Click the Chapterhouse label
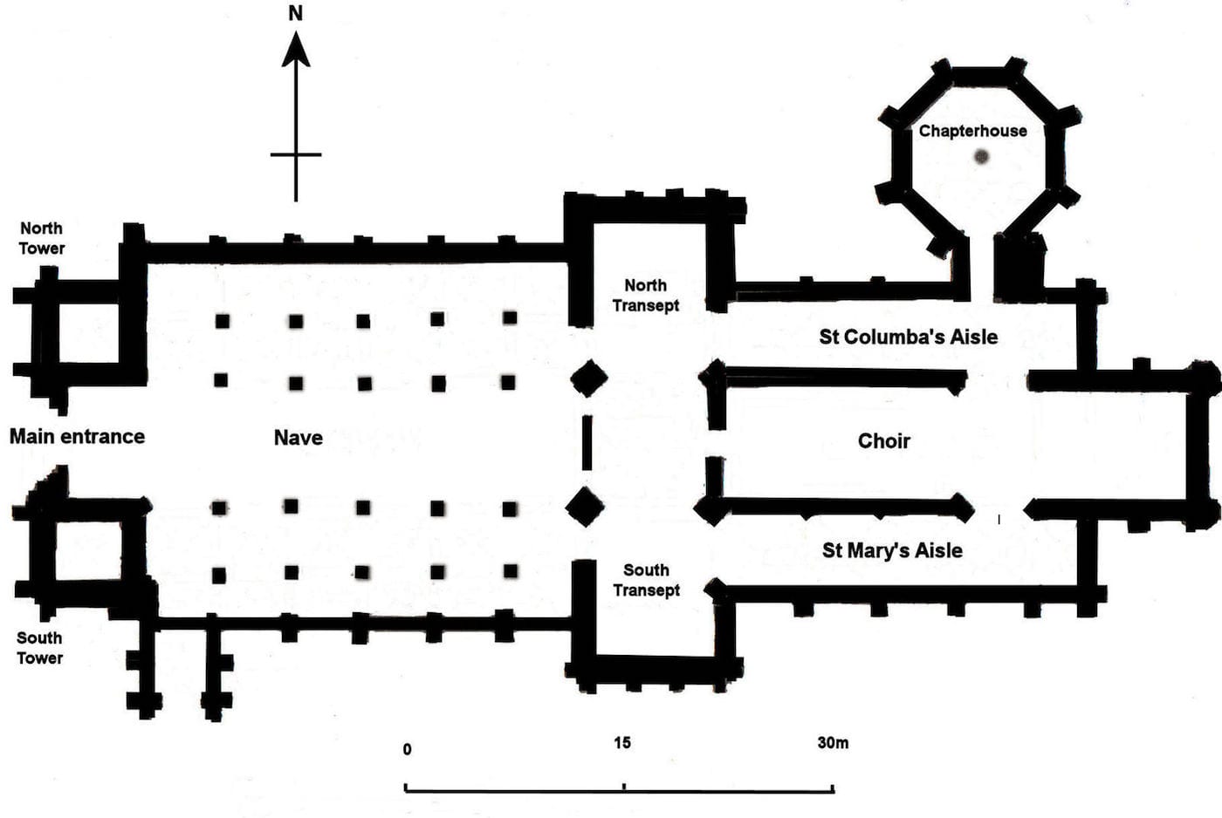click(972, 131)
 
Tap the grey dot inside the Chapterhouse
click(981, 157)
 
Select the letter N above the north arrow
click(296, 13)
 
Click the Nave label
click(299, 438)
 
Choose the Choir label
click(883, 441)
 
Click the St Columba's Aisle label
click(908, 337)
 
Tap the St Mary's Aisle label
click(892, 550)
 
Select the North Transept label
click(646, 296)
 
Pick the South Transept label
click(646, 580)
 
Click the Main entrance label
click(77, 436)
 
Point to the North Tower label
click(42, 238)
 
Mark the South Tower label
click(40, 648)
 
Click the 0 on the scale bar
click(408, 749)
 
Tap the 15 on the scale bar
click(621, 743)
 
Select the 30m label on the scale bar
click(833, 743)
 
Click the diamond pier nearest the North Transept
click(589, 378)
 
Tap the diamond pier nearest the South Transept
click(585, 507)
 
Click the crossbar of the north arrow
click(296, 154)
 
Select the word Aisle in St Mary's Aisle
click(938, 550)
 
